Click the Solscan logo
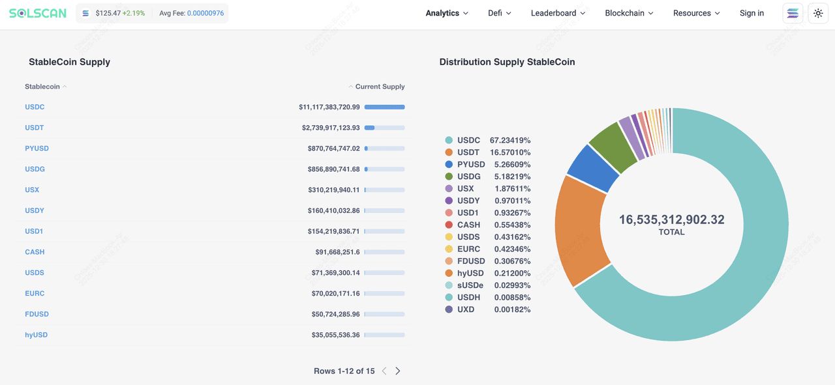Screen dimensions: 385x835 click(x=38, y=13)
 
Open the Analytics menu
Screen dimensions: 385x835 click(x=447, y=13)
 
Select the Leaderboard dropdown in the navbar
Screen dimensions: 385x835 click(x=558, y=13)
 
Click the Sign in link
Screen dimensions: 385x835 click(x=751, y=13)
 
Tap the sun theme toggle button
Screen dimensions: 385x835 click(x=818, y=13)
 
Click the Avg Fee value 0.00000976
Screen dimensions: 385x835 click(x=205, y=13)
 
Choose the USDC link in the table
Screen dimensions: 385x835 click(x=35, y=107)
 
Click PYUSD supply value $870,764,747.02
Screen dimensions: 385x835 click(x=333, y=149)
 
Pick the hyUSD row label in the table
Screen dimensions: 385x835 click(x=37, y=335)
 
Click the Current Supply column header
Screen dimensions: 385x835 click(x=380, y=87)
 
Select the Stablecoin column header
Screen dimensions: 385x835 click(x=42, y=87)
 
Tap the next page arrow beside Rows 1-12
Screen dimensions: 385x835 click(x=398, y=371)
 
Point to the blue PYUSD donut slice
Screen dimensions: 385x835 click(x=592, y=169)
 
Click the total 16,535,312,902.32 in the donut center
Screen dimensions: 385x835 click(x=671, y=220)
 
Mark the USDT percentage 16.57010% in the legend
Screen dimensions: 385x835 click(x=510, y=152)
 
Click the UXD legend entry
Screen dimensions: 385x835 click(x=465, y=309)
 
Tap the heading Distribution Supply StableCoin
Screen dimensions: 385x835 click(x=507, y=62)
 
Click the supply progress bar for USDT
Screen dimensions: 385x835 click(x=384, y=128)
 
